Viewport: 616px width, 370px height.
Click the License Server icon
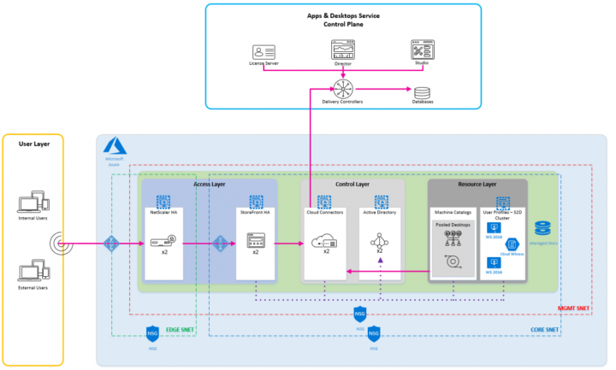point(264,50)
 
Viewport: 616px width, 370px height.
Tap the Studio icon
point(422,49)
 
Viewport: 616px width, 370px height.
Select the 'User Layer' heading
point(32,144)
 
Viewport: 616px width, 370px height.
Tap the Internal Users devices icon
point(32,204)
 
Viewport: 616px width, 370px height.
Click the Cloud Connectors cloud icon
point(325,240)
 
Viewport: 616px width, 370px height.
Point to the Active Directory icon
point(380,241)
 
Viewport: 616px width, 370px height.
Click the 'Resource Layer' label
point(477,183)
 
